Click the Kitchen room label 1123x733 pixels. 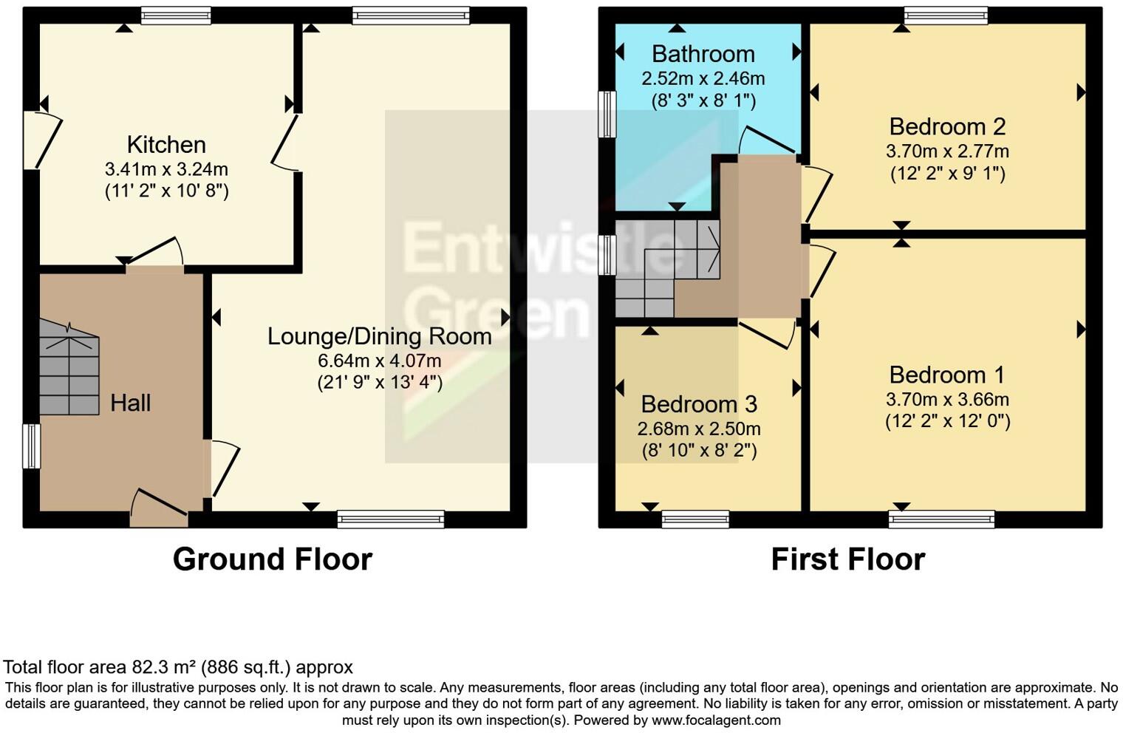coord(166,145)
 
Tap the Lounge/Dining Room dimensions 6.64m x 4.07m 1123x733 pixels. coord(380,361)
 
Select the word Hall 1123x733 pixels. coord(130,403)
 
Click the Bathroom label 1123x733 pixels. coord(703,54)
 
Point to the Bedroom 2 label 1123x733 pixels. coord(947,127)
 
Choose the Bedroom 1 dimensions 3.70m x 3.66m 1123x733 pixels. coord(947,400)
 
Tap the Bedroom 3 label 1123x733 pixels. coord(699,405)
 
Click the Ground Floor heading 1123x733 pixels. coord(273,559)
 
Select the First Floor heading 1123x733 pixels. coord(848,559)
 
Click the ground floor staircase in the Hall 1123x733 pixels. coord(69,369)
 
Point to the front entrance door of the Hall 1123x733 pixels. coord(160,509)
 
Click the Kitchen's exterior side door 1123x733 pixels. coord(43,140)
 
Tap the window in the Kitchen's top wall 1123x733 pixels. coord(176,16)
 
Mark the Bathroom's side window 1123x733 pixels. coord(607,114)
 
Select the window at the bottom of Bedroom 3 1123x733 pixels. coord(695,519)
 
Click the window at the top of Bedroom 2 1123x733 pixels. coord(946,16)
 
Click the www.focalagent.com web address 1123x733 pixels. coord(716,720)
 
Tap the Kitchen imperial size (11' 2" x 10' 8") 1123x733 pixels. coord(166,191)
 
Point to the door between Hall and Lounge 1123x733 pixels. coord(222,468)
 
